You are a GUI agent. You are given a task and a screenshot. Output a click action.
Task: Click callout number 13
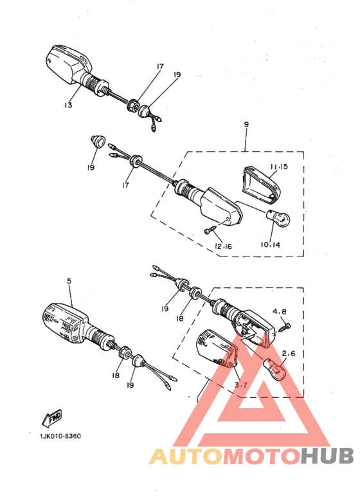[68, 105]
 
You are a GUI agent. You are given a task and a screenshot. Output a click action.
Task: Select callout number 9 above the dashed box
[246, 124]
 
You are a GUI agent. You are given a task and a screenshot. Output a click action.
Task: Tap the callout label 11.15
[279, 167]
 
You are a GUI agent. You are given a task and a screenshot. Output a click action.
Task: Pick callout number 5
[68, 281]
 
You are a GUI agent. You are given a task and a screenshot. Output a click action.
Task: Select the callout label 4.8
[278, 312]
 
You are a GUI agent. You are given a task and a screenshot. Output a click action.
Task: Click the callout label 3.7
[241, 385]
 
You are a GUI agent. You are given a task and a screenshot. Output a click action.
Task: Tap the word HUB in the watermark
[327, 456]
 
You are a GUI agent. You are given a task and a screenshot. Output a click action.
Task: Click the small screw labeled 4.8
[286, 327]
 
